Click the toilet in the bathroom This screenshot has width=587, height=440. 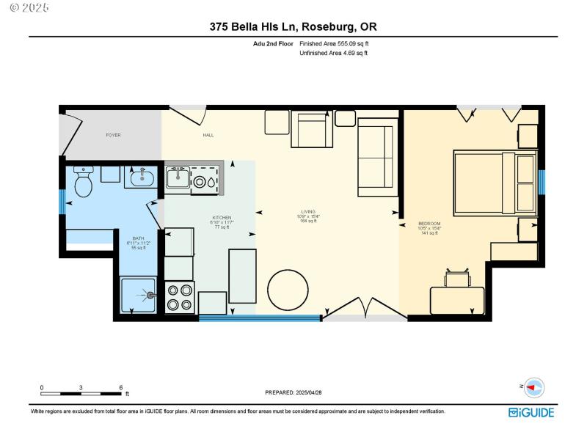83,183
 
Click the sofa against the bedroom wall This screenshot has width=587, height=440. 377,161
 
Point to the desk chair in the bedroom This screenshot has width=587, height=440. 457,278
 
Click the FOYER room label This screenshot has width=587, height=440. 113,136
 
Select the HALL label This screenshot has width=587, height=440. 208,136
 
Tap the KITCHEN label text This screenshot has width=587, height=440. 222,218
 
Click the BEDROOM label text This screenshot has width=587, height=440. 429,224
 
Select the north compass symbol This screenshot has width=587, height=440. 533,387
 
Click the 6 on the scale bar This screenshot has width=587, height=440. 120,387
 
